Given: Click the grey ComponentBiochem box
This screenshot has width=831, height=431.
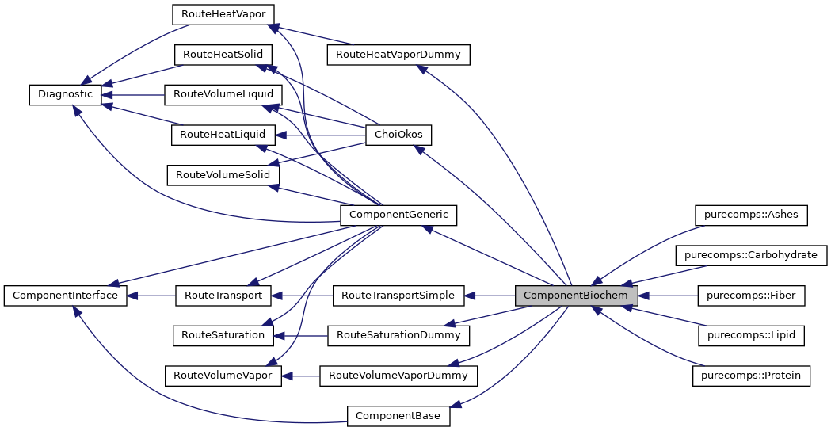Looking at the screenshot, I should [x=576, y=296].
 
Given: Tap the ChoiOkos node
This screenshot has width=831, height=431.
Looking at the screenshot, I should [x=398, y=135].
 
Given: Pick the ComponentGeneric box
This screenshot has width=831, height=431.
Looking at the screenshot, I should [x=398, y=214].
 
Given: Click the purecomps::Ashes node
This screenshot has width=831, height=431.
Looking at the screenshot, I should [x=751, y=215].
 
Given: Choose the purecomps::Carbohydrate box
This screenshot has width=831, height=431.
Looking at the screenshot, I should [x=751, y=255].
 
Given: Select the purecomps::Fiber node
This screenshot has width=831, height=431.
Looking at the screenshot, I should [x=751, y=296].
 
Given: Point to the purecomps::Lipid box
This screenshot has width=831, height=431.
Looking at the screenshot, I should [x=751, y=336].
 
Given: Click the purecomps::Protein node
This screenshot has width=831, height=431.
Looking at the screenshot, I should [x=751, y=376].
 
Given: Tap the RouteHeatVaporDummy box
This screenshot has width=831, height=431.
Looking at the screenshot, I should [x=398, y=55].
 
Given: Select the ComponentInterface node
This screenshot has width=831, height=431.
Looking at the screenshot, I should [x=66, y=296].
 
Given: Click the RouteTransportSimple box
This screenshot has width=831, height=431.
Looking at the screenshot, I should [x=398, y=296].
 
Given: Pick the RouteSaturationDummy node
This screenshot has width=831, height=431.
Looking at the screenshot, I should [x=398, y=335].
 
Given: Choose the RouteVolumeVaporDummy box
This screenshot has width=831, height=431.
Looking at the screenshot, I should [x=398, y=376].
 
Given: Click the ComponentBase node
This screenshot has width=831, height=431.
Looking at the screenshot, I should [x=398, y=415].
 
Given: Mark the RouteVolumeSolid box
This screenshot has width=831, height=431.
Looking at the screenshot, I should [x=223, y=174].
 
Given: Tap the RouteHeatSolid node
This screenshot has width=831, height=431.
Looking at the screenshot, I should [x=223, y=55].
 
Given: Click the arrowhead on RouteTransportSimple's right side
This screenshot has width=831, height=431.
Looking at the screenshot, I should [x=470, y=296].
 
